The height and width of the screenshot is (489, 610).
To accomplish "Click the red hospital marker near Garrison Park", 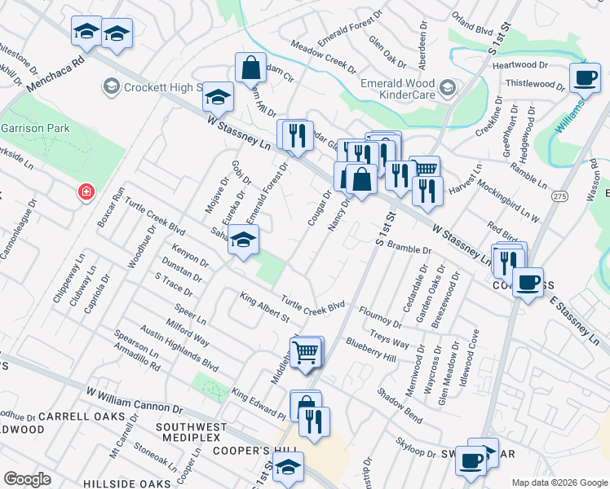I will (x=84, y=192).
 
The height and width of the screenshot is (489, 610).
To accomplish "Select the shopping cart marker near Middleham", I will (x=306, y=353).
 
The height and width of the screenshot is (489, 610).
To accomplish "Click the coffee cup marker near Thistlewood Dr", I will (x=584, y=79).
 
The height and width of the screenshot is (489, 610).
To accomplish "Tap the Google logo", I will (x=27, y=479).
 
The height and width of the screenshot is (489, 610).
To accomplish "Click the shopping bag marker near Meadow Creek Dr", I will (x=250, y=68).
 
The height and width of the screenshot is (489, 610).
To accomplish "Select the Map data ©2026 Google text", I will (x=559, y=482).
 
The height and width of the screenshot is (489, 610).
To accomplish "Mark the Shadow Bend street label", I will (x=400, y=404).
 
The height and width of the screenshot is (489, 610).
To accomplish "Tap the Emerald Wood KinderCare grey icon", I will (x=447, y=87).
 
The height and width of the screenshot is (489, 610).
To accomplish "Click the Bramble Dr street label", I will (x=409, y=246).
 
